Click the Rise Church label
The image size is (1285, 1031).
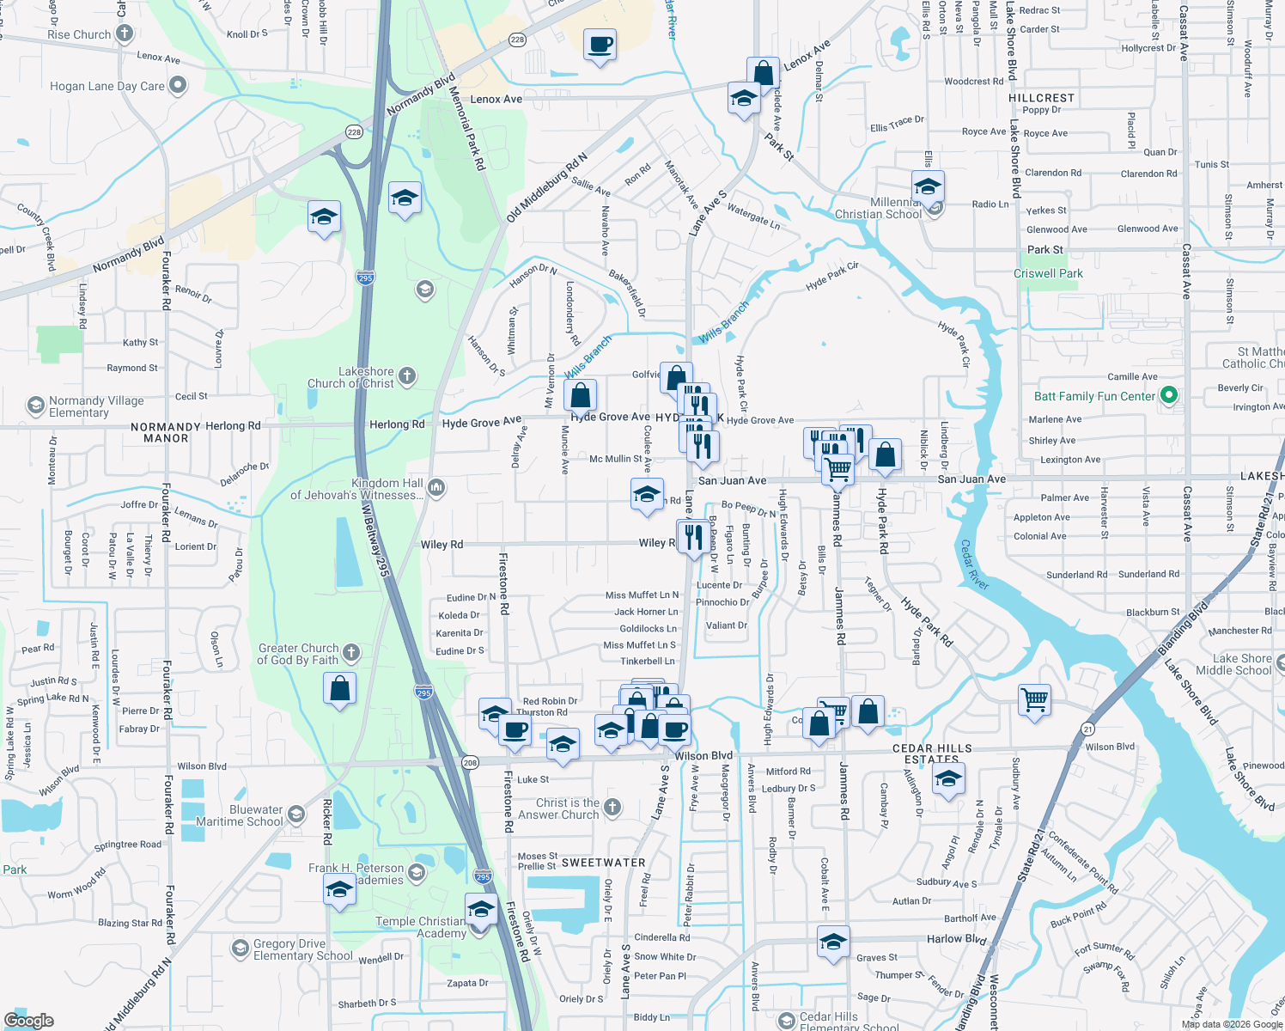(x=79, y=34)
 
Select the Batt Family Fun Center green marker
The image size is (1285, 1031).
(x=1168, y=395)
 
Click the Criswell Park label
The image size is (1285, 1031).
(x=1048, y=273)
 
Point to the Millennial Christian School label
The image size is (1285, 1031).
(x=878, y=209)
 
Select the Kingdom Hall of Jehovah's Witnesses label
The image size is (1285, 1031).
(x=356, y=489)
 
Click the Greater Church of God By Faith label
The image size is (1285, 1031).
(x=298, y=654)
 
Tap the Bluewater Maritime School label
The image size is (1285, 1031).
(x=256, y=815)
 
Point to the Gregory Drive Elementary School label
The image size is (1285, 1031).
(x=302, y=949)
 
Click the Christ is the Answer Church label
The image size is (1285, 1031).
(x=558, y=808)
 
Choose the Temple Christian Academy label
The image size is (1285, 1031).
(x=421, y=927)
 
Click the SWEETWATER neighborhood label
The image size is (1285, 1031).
(x=603, y=863)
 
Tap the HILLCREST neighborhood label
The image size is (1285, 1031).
(x=1041, y=98)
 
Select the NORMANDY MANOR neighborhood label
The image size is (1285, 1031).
(x=166, y=432)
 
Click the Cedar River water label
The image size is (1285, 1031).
(x=975, y=564)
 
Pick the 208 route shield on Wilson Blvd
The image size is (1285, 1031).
(x=470, y=762)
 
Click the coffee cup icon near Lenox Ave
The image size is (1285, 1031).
(x=600, y=43)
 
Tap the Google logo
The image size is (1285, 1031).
(x=29, y=1020)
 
